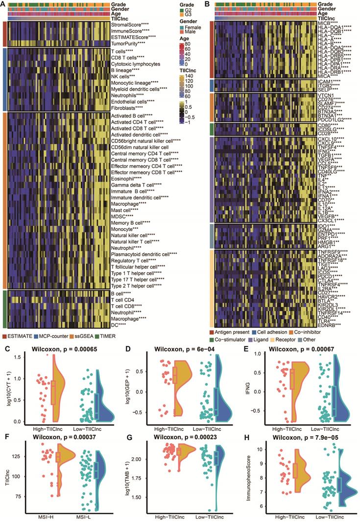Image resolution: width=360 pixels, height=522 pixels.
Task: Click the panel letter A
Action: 4,4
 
